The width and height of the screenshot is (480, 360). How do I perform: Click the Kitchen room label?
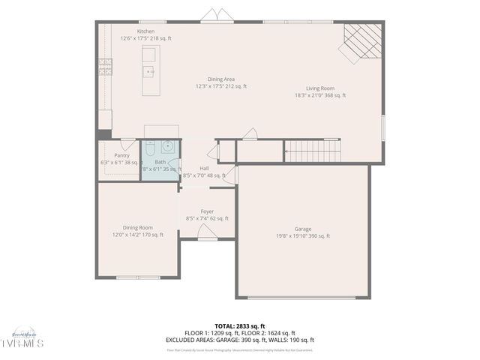(146, 31)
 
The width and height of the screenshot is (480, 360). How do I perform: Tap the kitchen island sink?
(149, 72)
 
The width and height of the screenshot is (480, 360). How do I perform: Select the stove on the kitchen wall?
(106, 67)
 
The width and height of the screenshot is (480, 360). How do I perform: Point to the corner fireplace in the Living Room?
(361, 41)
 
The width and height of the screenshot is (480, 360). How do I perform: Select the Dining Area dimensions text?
(220, 86)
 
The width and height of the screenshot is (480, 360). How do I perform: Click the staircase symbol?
(312, 151)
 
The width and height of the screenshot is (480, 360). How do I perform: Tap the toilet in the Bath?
(151, 146)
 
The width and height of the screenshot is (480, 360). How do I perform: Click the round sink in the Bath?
(169, 146)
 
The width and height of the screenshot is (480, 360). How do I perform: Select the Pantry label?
(121, 155)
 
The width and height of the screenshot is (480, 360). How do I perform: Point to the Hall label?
(204, 168)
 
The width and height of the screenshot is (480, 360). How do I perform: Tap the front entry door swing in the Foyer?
(208, 232)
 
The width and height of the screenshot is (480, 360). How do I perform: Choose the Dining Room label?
(138, 227)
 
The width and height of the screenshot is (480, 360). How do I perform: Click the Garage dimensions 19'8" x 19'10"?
(303, 236)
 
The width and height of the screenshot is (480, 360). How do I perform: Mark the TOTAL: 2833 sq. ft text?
(239, 327)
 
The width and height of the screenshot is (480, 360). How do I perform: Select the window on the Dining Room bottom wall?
(138, 277)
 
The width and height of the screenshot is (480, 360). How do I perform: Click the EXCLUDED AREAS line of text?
(239, 340)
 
